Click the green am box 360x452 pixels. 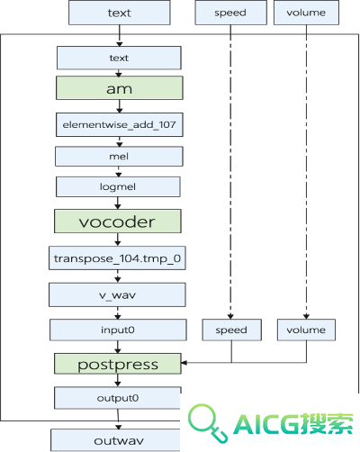(120, 88)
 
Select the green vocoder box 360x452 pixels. (118, 221)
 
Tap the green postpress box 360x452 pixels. (118, 364)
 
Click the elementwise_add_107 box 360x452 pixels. (120, 124)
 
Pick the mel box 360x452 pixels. (119, 157)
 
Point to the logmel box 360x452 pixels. (118, 186)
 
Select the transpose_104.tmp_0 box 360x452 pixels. (117, 258)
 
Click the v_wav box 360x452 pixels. (117, 294)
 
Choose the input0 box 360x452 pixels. (118, 330)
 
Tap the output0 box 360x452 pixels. (118, 398)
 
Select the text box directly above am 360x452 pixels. (119, 58)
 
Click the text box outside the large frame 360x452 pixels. (120, 13)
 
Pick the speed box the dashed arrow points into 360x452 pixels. (232, 330)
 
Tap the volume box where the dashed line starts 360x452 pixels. (306, 13)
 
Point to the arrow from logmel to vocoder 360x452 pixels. (118, 203)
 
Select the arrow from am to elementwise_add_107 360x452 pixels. (120, 106)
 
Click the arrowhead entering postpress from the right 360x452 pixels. (184, 363)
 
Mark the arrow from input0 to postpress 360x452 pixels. (118, 347)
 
